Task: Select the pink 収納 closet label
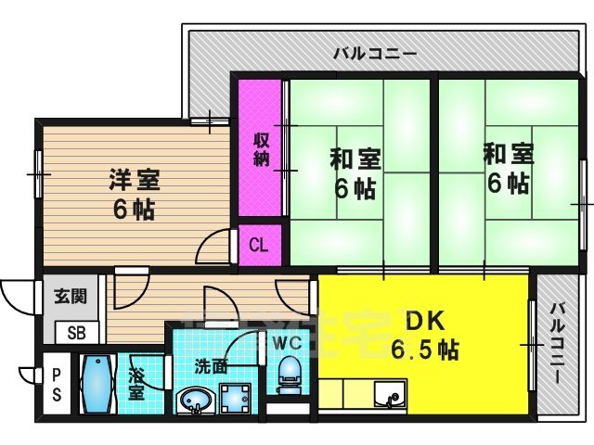tap(262, 149)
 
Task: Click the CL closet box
tap(259, 246)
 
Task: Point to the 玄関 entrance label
tap(69, 297)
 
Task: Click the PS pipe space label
tap(57, 385)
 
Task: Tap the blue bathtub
tap(97, 386)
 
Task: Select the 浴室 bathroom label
tap(136, 385)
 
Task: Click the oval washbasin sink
tap(195, 401)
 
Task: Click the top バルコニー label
tap(375, 53)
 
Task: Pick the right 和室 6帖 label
tap(508, 169)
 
